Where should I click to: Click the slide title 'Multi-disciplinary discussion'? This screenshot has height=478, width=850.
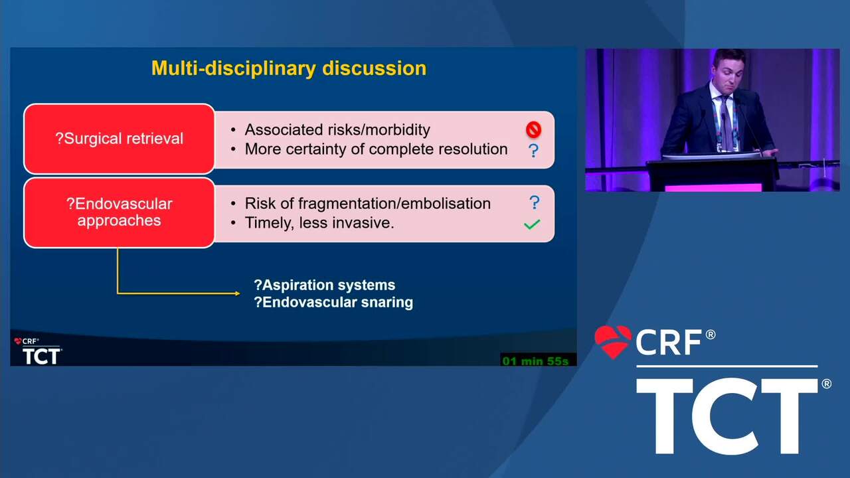[289, 68]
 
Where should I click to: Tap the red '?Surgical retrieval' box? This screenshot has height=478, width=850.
[119, 139]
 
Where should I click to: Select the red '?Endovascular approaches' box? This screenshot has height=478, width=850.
[119, 212]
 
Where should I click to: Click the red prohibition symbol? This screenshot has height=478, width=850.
[533, 129]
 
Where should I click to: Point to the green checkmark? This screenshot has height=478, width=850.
[532, 224]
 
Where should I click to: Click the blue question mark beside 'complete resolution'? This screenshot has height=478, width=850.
[533, 151]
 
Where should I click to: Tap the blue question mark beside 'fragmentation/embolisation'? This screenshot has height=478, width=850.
[535, 202]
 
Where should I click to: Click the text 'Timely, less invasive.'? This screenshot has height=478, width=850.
[319, 223]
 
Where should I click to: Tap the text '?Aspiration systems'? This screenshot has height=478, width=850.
[325, 285]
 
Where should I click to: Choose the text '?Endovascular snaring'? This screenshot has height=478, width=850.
[333, 302]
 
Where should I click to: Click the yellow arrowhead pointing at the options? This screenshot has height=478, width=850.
[238, 293]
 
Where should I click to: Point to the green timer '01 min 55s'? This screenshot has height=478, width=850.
[535, 360]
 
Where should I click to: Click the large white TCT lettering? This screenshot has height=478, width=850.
[726, 416]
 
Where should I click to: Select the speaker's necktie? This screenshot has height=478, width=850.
[726, 121]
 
